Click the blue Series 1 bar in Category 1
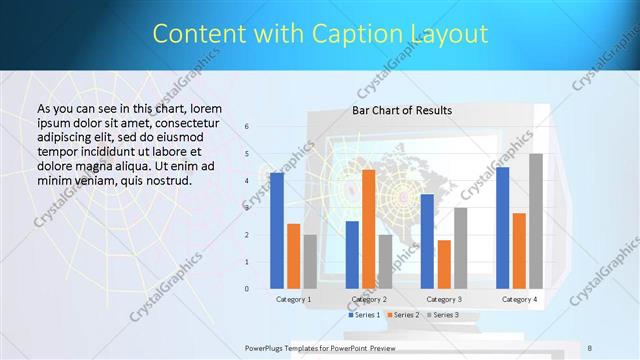point(277,231)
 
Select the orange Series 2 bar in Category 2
point(368,229)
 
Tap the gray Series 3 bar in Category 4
point(536,221)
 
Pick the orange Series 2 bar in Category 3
point(444,264)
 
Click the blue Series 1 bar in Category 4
point(502,228)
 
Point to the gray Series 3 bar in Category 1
point(310,262)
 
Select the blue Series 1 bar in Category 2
point(352,255)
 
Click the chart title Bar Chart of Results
point(402,110)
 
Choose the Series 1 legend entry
point(364,315)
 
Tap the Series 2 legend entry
point(403,315)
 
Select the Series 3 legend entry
point(442,315)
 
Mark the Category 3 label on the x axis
point(444,299)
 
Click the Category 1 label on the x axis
point(294,299)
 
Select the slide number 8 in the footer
point(590,347)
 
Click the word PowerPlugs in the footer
point(267,347)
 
